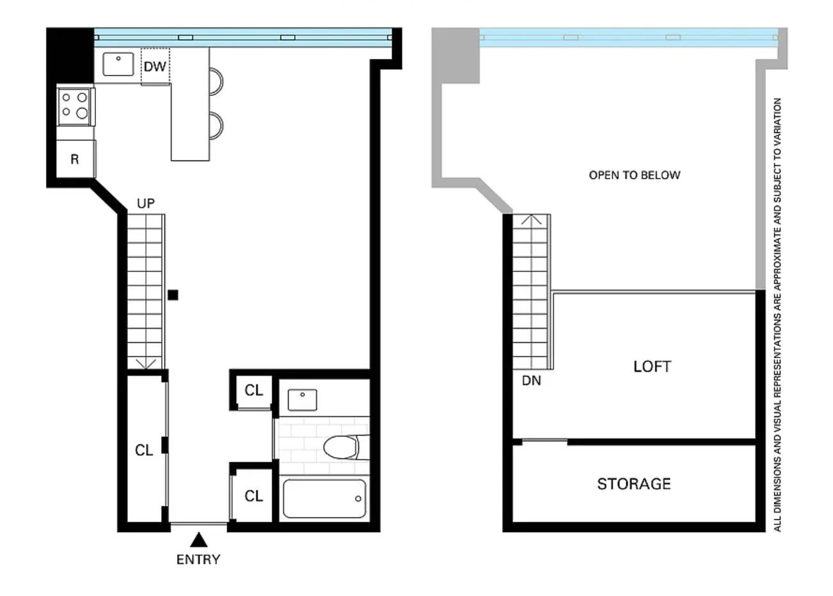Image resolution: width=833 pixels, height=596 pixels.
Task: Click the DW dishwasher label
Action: pyautogui.click(x=155, y=67)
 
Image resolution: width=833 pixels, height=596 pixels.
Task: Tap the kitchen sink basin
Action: pyautogui.click(x=118, y=64)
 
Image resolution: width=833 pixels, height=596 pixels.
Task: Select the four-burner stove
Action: pyautogui.click(x=74, y=107)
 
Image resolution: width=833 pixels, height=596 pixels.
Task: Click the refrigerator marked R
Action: pyautogui.click(x=75, y=159)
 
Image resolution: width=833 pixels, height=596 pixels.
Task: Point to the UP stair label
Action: pyautogui.click(x=146, y=203)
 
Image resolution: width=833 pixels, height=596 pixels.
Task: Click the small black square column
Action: pyautogui.click(x=173, y=295)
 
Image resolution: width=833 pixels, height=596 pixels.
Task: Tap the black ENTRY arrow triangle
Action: pyautogui.click(x=198, y=540)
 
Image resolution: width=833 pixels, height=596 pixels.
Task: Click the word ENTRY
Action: pyautogui.click(x=198, y=560)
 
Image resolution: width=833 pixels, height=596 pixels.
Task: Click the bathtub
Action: pyautogui.click(x=324, y=499)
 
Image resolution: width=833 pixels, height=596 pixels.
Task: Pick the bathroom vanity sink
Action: pyautogui.click(x=303, y=400)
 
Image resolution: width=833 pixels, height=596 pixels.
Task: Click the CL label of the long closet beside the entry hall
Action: pyautogui.click(x=144, y=450)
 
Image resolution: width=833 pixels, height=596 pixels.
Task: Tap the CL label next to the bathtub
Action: pyautogui.click(x=254, y=496)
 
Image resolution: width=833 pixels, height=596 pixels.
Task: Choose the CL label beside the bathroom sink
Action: pyautogui.click(x=254, y=390)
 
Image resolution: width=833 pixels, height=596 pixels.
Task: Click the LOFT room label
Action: pyautogui.click(x=653, y=366)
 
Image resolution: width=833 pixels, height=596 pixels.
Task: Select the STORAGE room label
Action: pyautogui.click(x=634, y=484)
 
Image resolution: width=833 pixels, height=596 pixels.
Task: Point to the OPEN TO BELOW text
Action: pyautogui.click(x=635, y=175)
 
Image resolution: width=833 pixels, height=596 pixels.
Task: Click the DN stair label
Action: pyautogui.click(x=532, y=380)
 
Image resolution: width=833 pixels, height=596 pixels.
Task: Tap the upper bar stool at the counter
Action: pyautogui.click(x=217, y=81)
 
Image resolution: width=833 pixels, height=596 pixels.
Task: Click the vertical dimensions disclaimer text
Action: pyautogui.click(x=777, y=315)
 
